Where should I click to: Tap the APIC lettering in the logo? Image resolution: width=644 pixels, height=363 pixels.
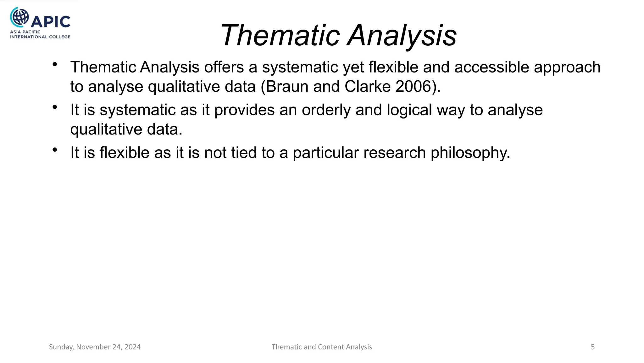tap(51, 22)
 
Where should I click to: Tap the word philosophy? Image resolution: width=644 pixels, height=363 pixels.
tap(470, 153)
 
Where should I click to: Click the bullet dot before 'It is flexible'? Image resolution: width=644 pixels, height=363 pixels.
tap(55, 150)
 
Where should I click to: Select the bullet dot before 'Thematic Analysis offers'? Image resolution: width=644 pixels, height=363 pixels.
tap(55, 65)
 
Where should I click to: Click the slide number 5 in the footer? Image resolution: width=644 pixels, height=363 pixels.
tap(593, 347)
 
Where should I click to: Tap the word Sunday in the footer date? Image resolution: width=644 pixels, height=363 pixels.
tap(61, 347)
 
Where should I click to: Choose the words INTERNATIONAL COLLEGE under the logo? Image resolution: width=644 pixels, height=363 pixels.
tap(40, 37)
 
